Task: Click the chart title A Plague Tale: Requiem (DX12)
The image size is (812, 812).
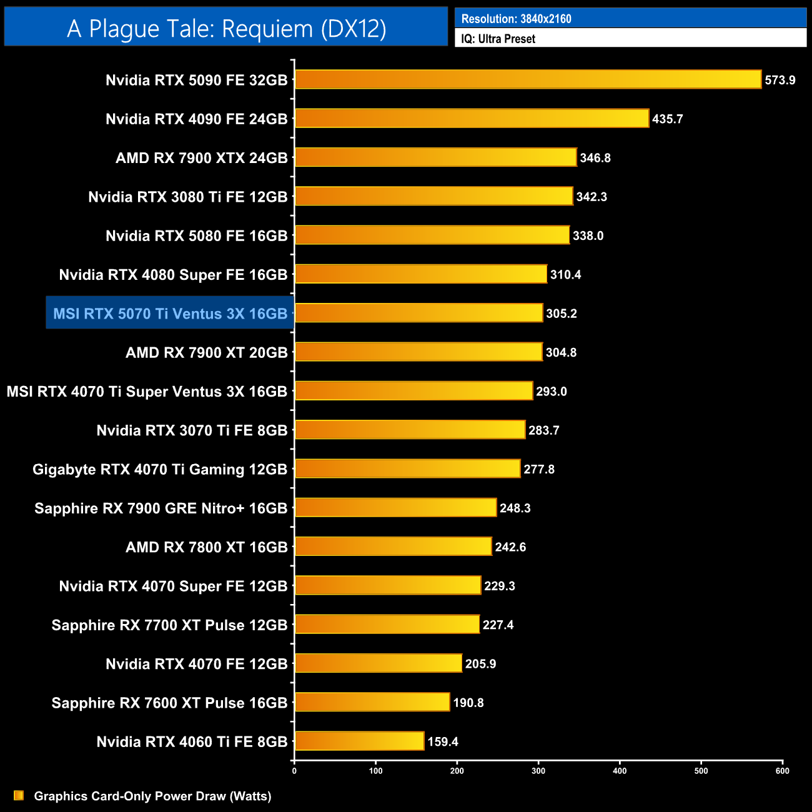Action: click(x=226, y=28)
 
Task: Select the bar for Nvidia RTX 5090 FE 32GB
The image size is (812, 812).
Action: click(x=528, y=79)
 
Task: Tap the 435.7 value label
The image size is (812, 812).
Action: click(x=667, y=119)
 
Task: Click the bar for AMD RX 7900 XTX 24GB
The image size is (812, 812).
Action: click(x=435, y=157)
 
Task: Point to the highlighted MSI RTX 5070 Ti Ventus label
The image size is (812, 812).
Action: click(x=170, y=314)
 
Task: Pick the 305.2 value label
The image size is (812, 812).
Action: click(x=561, y=314)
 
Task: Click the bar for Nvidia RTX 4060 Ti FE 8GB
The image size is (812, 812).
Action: click(x=359, y=741)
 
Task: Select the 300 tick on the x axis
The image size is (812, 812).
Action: click(x=538, y=771)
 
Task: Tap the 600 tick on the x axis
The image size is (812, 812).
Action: click(x=782, y=771)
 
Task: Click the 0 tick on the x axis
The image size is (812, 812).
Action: click(x=294, y=771)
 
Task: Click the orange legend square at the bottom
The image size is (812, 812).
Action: click(x=19, y=796)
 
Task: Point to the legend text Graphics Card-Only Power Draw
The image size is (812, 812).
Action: click(x=152, y=796)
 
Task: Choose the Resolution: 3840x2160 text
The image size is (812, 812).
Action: click(x=516, y=19)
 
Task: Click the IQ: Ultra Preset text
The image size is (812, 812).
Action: click(x=498, y=39)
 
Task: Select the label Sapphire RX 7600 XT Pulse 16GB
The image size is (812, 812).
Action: click(x=169, y=703)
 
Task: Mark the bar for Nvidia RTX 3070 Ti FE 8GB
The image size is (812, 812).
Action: click(x=410, y=430)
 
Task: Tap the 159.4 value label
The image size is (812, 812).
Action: click(x=443, y=741)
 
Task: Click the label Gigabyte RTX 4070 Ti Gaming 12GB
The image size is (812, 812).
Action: click(x=160, y=469)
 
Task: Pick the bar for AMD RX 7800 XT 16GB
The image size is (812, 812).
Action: click(x=393, y=547)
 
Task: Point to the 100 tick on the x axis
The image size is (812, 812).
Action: click(x=375, y=771)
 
